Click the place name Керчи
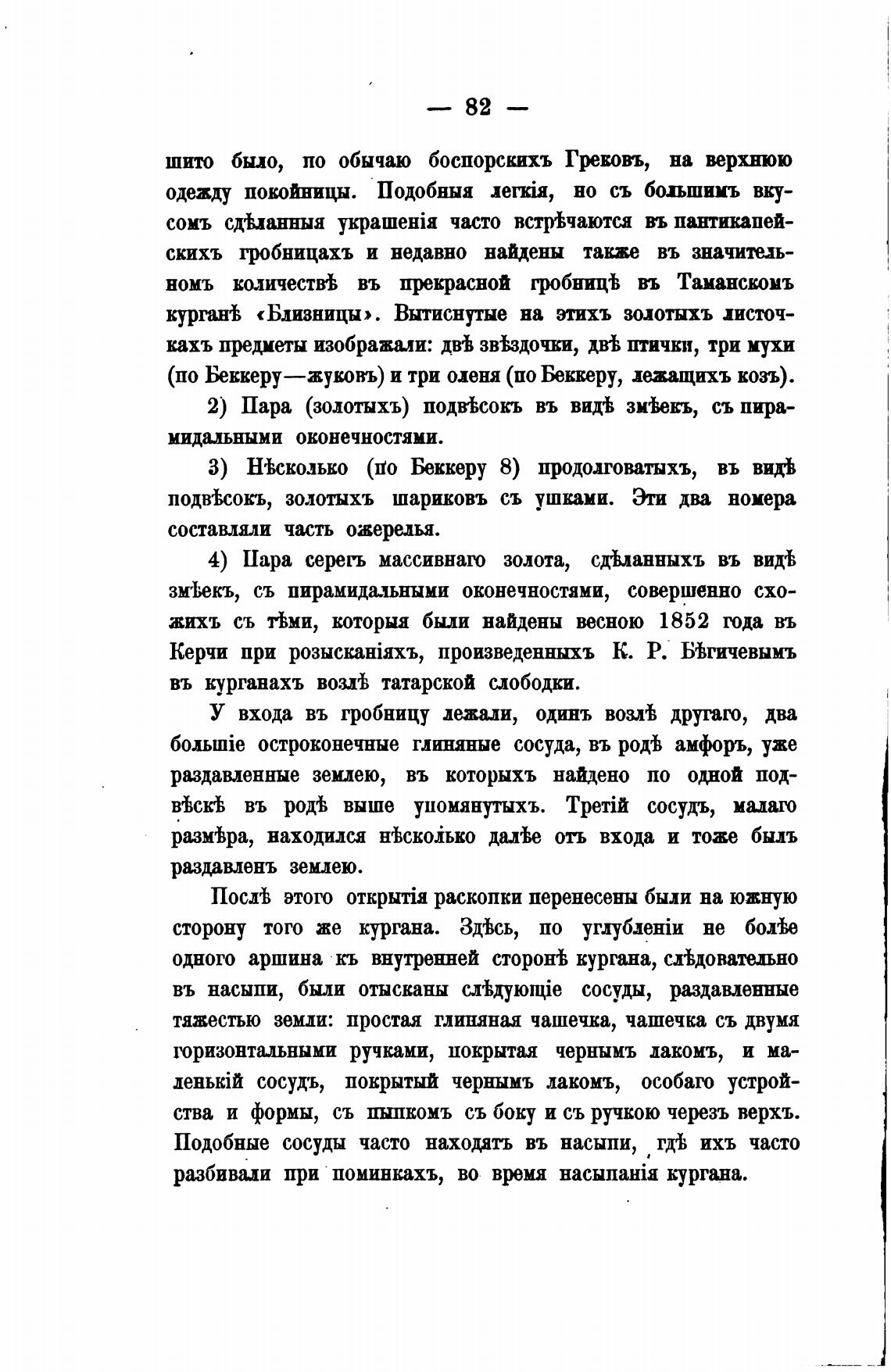[199, 652]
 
